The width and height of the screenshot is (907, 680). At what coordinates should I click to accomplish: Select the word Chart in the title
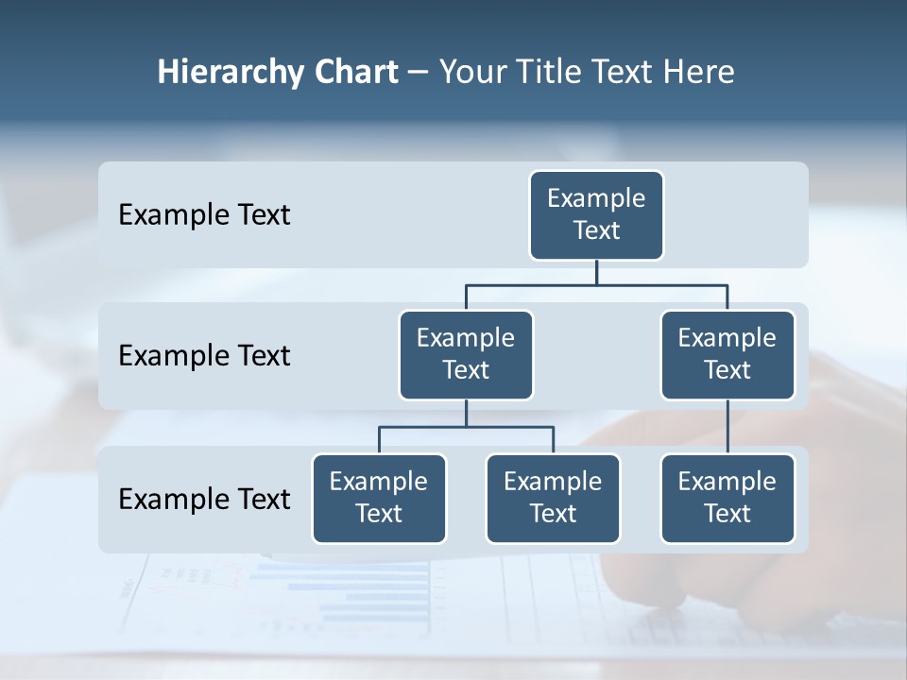pos(356,73)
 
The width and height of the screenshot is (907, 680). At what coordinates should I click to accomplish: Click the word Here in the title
pos(700,73)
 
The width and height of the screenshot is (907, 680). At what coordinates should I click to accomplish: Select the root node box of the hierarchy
pos(596,215)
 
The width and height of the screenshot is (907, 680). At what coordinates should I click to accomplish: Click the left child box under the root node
pos(466,355)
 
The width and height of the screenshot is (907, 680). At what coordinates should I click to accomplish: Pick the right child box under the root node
pos(727,355)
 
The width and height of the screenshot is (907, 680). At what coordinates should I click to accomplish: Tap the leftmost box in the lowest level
pos(379,499)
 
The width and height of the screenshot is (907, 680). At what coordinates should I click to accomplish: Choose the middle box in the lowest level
pos(553,499)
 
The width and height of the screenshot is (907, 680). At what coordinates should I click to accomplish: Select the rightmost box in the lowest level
pos(727,499)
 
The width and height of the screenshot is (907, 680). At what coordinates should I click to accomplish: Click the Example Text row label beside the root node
pos(204,215)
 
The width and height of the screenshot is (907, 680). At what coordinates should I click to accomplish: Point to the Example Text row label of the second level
pos(204,356)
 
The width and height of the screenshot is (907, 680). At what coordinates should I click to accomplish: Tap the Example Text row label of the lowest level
pos(204,499)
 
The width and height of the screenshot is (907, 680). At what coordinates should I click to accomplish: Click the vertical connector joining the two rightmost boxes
pos(727,427)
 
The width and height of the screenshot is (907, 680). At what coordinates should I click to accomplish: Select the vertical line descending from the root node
pos(596,273)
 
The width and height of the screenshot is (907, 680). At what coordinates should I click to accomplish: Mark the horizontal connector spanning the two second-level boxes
pos(596,284)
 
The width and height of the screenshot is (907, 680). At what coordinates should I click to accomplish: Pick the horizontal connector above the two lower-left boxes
pos(466,427)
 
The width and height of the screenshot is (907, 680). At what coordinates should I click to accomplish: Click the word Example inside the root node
pos(596,198)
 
